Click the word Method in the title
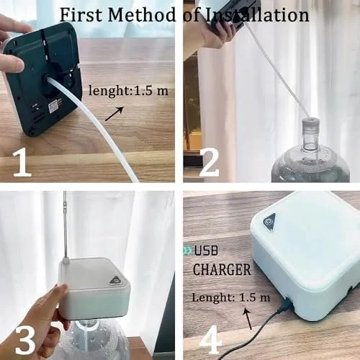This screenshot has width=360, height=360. click(x=142, y=15)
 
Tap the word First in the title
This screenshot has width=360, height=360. click(x=81, y=15)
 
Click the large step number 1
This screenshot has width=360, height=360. click(x=22, y=162)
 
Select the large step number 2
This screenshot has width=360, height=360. click(x=210, y=162)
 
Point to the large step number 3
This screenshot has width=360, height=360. click(x=25, y=339)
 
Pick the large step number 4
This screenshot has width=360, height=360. click(x=210, y=339)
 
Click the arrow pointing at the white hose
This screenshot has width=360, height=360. click(x=114, y=114)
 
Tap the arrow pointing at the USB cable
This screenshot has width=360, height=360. click(x=248, y=319)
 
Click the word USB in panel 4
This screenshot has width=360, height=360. click(x=206, y=251)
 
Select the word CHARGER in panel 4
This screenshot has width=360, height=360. click(x=222, y=270)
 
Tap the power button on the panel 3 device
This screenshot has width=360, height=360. click(x=117, y=280)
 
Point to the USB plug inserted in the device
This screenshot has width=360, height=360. click(x=287, y=304)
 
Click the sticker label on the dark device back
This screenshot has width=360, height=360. click(x=55, y=106)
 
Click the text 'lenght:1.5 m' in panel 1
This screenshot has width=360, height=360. click(x=128, y=91)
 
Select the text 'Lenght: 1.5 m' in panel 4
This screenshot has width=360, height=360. click(x=231, y=297)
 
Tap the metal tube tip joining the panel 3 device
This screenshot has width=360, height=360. click(x=66, y=261)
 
